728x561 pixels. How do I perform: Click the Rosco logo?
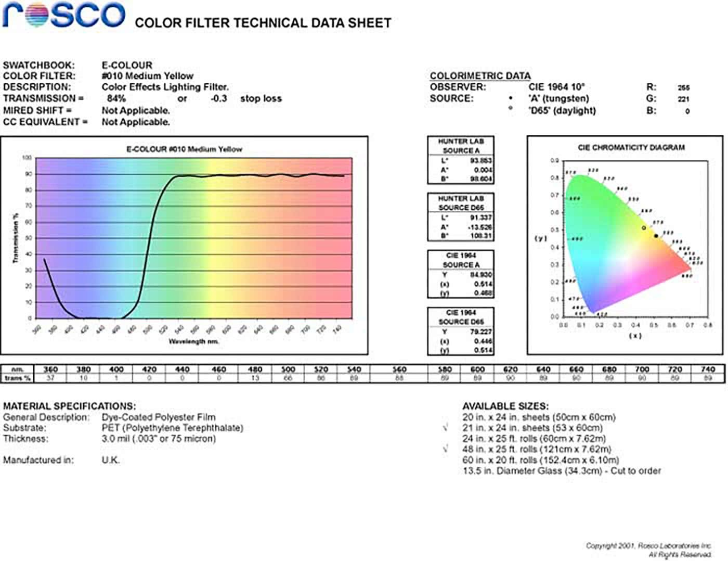[64, 15]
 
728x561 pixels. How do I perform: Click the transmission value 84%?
[116, 98]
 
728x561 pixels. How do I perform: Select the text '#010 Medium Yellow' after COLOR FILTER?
[147, 76]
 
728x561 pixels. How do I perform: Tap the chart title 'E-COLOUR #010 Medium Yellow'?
[184, 149]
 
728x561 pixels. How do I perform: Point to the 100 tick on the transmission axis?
[27, 158]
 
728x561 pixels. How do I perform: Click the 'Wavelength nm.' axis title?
[193, 341]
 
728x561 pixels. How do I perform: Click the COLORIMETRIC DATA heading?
[480, 76]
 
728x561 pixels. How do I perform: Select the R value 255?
[683, 87]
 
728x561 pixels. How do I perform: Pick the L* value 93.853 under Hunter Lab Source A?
[480, 161]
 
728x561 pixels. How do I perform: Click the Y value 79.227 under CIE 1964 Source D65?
[480, 332]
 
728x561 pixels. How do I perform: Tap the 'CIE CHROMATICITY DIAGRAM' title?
[631, 148]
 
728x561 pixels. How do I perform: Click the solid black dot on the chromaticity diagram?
[656, 236]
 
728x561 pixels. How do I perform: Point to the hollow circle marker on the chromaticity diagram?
[644, 228]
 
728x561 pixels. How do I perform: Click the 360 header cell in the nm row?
[50, 369]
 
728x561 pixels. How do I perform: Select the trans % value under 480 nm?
[255, 378]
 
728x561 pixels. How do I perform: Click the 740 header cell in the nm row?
[707, 369]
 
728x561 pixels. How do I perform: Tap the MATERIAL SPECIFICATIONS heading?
[69, 406]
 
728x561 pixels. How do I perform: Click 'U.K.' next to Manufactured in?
[110, 460]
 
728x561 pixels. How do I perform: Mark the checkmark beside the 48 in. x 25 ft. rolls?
[446, 449]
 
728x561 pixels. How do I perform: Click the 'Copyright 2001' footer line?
[648, 545]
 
